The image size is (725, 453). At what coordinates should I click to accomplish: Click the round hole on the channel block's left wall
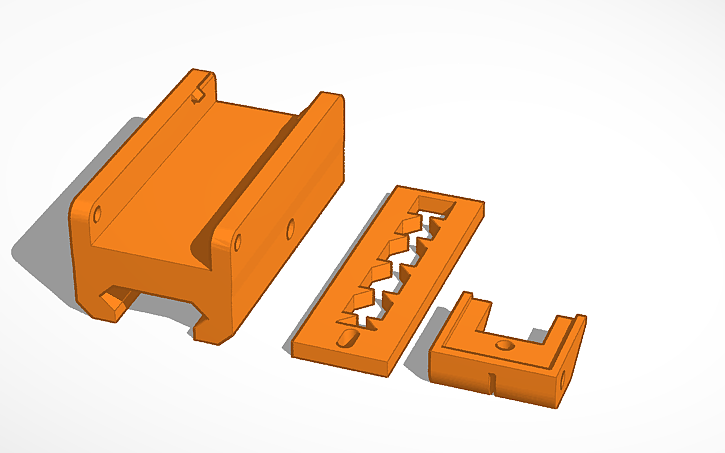click(97, 214)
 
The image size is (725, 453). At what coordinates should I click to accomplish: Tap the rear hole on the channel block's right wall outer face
click(291, 229)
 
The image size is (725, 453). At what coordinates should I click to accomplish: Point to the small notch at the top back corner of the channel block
click(200, 91)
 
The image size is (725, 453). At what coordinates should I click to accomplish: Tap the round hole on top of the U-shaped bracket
click(504, 344)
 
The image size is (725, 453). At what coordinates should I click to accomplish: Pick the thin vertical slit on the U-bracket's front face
click(492, 381)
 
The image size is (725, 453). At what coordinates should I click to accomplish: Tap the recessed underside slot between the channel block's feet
click(160, 305)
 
